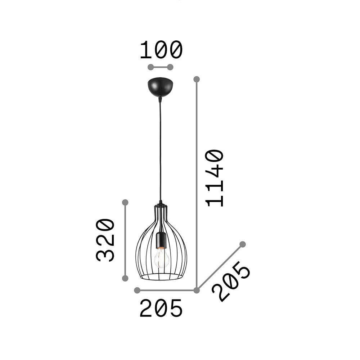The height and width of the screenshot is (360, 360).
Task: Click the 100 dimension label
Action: (x=161, y=50)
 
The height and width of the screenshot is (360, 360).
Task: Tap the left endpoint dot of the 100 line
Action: (x=151, y=67)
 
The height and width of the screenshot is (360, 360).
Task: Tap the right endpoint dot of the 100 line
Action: (x=171, y=67)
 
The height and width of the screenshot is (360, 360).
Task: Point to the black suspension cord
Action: (x=161, y=151)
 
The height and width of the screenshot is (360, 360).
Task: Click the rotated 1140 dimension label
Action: (x=215, y=178)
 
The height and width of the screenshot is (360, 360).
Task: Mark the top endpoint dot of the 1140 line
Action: (x=197, y=79)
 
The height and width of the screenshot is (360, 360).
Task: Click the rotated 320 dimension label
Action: (x=105, y=240)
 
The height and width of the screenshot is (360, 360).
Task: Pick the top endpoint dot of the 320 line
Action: (x=125, y=202)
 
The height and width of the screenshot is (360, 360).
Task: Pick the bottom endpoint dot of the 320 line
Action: (x=125, y=278)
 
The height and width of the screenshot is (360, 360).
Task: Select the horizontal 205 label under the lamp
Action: (x=161, y=309)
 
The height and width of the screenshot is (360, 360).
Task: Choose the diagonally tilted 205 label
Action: (x=231, y=282)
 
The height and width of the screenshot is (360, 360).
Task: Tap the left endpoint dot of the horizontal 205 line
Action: (x=137, y=290)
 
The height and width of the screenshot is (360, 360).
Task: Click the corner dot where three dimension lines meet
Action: (x=197, y=290)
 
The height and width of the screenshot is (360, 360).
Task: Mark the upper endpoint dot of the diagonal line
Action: (x=243, y=244)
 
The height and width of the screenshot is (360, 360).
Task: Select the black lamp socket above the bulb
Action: (x=161, y=240)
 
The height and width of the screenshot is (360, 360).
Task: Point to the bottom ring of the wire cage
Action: (x=161, y=277)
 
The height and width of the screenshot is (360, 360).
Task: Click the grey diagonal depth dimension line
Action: (x=220, y=267)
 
